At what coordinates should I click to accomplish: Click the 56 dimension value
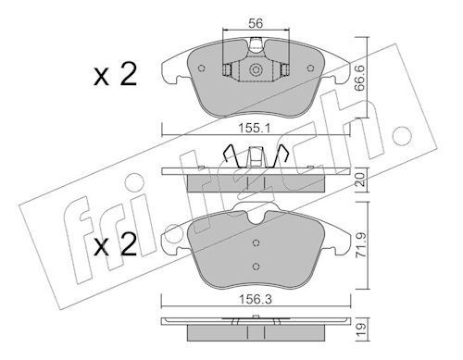coord(256,23)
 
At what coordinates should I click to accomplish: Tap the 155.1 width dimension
coord(256,128)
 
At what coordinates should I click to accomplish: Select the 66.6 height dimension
coord(360,78)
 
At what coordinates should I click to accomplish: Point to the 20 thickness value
coord(360,179)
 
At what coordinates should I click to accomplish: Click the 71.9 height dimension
coord(360,245)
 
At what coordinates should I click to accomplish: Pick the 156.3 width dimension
coord(256,299)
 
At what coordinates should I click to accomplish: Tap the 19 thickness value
coord(360,329)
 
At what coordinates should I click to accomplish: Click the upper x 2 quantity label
coord(116,75)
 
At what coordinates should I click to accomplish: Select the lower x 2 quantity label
coord(116,244)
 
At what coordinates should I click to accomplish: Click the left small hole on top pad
coord(202,68)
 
